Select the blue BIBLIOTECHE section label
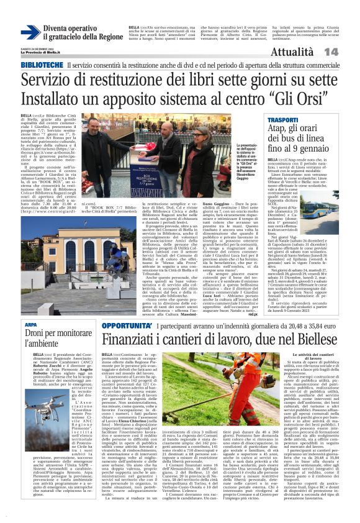[42, 65]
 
